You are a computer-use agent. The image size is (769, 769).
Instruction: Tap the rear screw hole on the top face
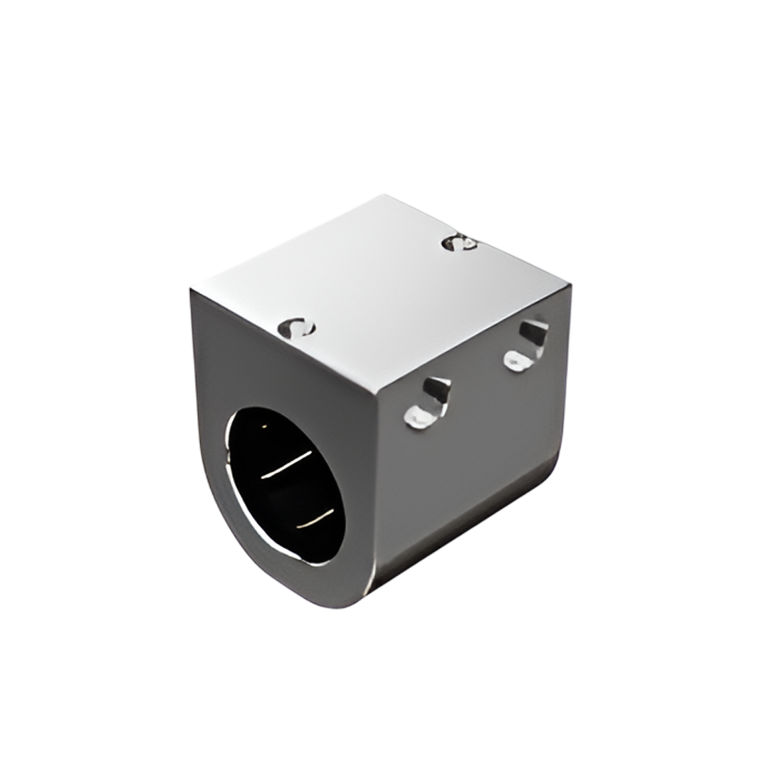click(459, 243)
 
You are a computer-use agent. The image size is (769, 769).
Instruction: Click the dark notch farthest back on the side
click(533, 332)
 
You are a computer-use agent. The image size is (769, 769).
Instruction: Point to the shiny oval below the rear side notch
click(517, 360)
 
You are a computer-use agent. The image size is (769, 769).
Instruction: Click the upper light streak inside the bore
click(286, 464)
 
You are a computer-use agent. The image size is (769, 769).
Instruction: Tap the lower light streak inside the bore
click(315, 519)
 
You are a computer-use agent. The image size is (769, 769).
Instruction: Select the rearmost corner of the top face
click(384, 196)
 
